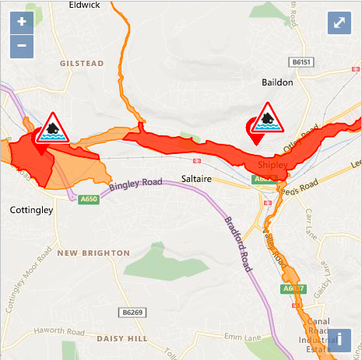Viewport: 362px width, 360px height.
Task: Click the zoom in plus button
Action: click(21, 21)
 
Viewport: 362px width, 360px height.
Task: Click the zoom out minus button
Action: click(21, 46)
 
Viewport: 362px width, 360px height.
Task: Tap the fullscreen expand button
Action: click(339, 23)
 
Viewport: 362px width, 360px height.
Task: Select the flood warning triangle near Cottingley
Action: click(52, 127)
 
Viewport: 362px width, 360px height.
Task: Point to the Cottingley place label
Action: click(31, 211)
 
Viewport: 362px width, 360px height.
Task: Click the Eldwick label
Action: click(84, 4)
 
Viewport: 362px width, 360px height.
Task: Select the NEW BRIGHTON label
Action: click(93, 253)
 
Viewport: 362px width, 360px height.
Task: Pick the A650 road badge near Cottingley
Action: click(90, 199)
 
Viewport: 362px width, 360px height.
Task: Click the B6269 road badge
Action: click(133, 312)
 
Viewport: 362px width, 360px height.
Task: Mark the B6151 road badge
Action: click(300, 61)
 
